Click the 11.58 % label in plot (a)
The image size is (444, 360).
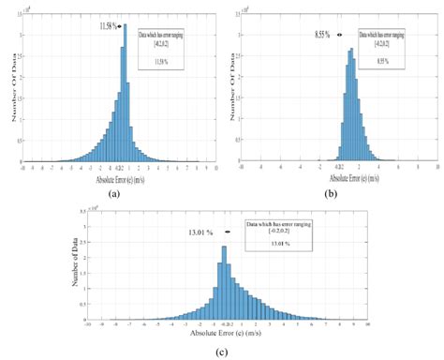point(108,26)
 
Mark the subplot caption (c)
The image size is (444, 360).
point(221,352)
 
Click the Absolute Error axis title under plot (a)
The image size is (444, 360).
point(119,177)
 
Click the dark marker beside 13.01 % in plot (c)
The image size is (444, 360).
point(228,232)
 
